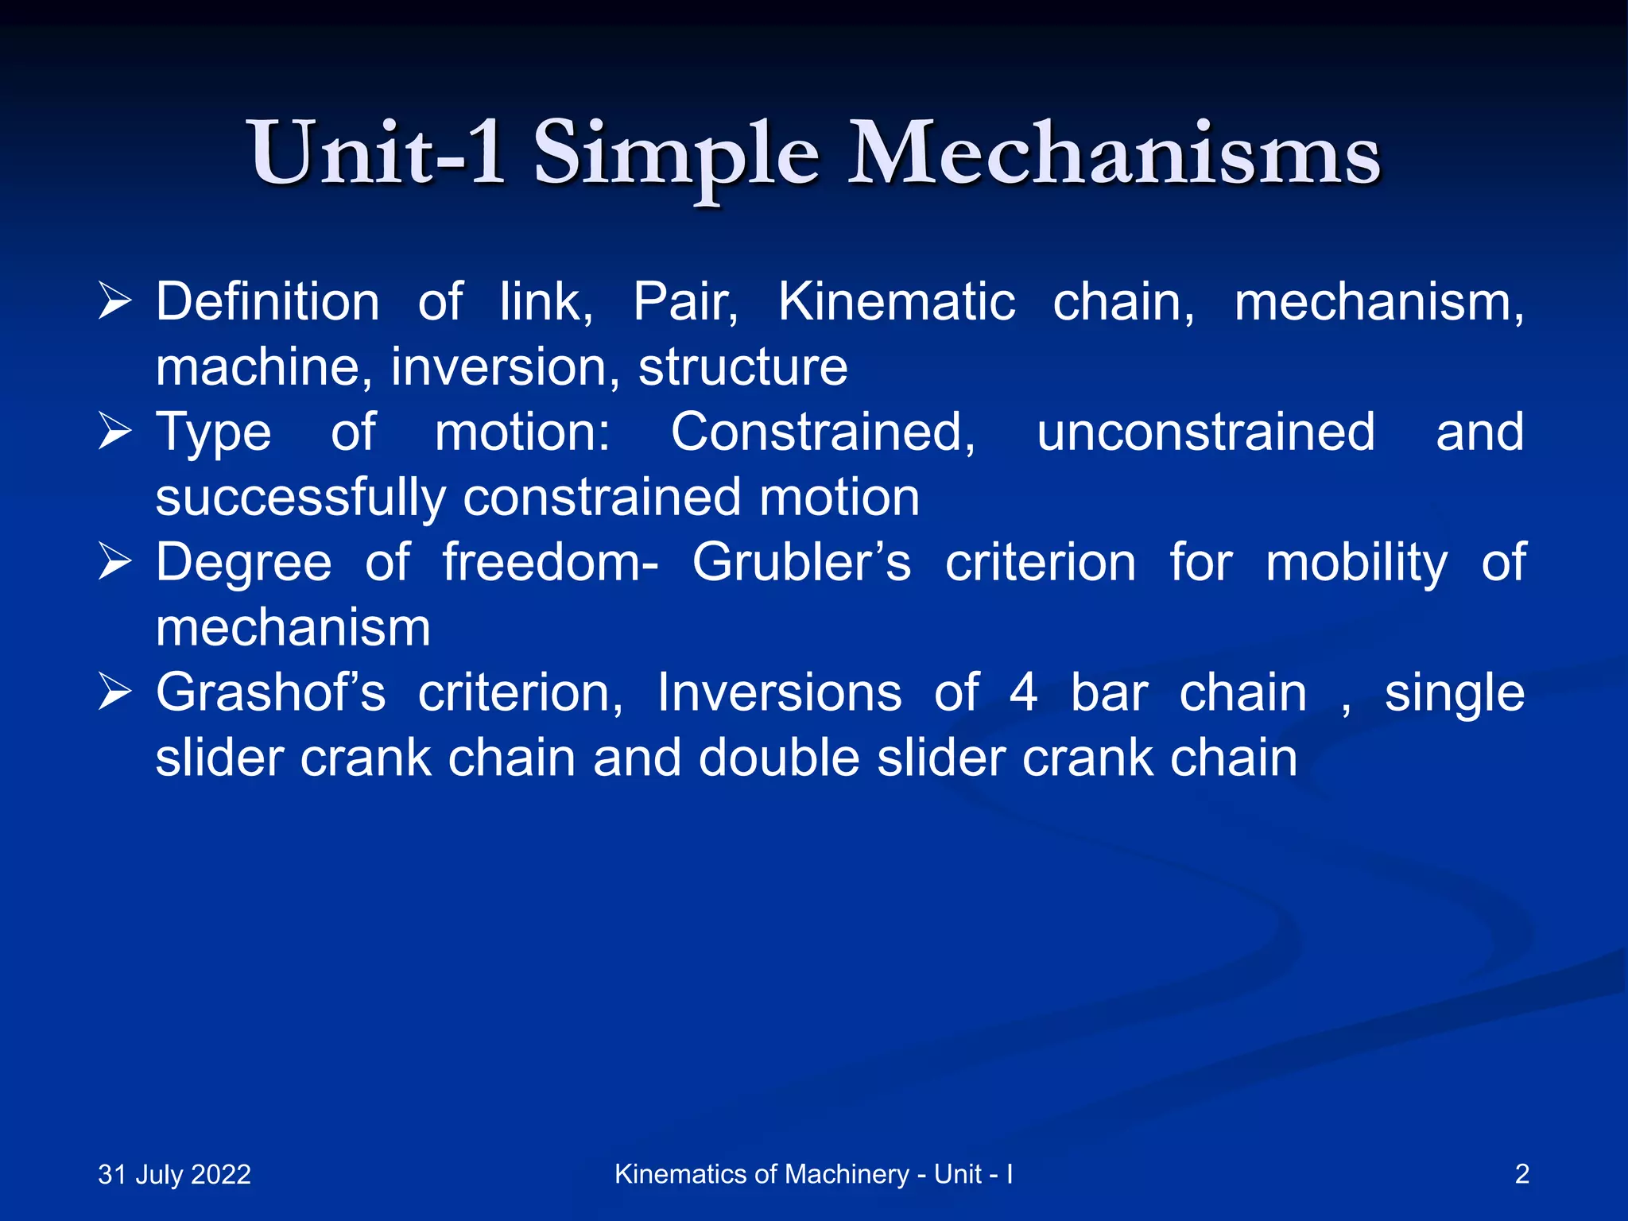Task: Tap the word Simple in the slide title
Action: [676, 155]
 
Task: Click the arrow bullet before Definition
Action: [114, 302]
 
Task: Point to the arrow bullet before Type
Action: [114, 432]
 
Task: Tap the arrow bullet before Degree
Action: [114, 563]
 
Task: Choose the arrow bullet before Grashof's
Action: [114, 692]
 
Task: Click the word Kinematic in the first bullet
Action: [896, 302]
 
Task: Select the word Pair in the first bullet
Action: [685, 302]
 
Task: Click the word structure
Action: [742, 367]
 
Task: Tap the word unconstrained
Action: [1205, 432]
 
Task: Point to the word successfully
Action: [300, 498]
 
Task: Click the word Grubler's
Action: [801, 563]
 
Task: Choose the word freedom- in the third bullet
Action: [550, 563]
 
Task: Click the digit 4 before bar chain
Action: [1023, 692]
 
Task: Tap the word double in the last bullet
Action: [778, 758]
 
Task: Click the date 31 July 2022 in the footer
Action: [174, 1174]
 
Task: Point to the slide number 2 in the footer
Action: [1521, 1174]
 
